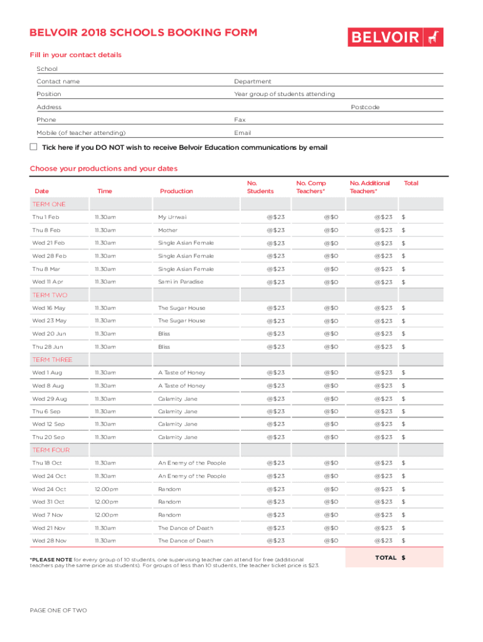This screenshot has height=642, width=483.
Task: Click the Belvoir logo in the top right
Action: coord(395,37)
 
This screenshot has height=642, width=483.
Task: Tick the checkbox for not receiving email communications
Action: coord(34,147)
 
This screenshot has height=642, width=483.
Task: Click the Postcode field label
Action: coord(365,107)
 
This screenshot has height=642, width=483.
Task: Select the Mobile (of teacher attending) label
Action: coord(81,133)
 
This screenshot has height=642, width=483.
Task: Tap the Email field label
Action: coord(243,133)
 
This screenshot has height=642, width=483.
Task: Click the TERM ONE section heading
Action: coord(49,204)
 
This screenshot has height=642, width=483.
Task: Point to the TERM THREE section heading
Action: coord(52,360)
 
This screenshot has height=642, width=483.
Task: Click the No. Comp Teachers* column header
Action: coord(311,187)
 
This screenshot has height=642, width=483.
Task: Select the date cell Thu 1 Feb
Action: coord(46,218)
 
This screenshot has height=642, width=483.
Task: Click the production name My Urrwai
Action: coord(172,218)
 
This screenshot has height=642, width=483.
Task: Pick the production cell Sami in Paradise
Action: coord(181,282)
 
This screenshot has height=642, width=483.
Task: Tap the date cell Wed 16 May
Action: coord(49,308)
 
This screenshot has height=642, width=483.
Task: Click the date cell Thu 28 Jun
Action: coord(48,347)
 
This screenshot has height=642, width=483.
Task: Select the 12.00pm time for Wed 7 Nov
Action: coord(106,515)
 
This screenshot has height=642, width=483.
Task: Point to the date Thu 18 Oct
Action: coord(47,463)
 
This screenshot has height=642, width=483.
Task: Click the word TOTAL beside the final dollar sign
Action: coord(386,557)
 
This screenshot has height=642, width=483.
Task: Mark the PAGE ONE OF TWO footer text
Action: coord(58,611)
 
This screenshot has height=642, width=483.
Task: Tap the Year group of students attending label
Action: coord(284,94)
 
